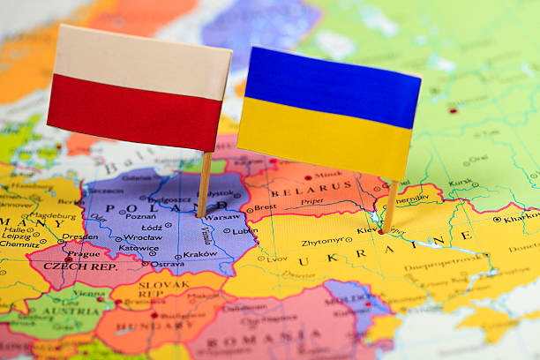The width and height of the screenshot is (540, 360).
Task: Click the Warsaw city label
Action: point(223,215)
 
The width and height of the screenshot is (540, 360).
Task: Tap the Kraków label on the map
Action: point(200,254)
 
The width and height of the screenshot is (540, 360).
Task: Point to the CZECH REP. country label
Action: point(82,266)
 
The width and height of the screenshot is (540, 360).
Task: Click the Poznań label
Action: point(140,216)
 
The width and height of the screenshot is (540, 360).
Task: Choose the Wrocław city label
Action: point(143,237)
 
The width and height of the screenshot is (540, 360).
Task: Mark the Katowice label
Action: point(139,249)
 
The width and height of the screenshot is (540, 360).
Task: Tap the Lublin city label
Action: point(245,230)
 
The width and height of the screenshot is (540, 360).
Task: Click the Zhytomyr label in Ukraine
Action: point(322,241)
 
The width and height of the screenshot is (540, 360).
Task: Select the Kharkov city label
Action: point(521,217)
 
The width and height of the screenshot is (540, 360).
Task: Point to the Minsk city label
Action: point(329,175)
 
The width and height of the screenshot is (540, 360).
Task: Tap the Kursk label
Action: point(461,183)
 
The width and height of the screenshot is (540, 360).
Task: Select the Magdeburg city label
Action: point(58,215)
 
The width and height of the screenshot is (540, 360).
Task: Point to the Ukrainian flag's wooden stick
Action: point(390,206)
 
